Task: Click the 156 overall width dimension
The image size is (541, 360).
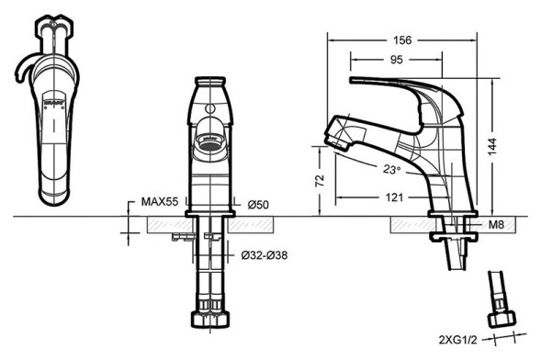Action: coord(402,40)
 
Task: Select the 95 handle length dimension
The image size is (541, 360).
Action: coord(397,60)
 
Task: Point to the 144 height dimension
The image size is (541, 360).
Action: coord(492,147)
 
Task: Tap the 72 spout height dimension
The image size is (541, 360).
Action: coord(321,180)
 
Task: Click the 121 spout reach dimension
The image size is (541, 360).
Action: coord(394,197)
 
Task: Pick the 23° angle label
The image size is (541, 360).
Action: coord(391,169)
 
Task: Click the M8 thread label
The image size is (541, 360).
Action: coord(497,224)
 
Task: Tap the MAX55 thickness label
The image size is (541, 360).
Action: coord(160,201)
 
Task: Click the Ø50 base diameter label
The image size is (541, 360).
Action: coord(258,205)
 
